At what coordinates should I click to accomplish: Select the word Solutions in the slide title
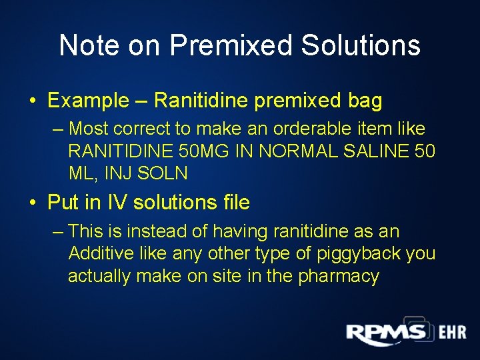click(x=361, y=45)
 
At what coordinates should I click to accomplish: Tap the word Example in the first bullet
click(x=88, y=101)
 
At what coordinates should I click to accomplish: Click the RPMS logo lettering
click(x=385, y=333)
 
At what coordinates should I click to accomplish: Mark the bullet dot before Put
click(x=33, y=203)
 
